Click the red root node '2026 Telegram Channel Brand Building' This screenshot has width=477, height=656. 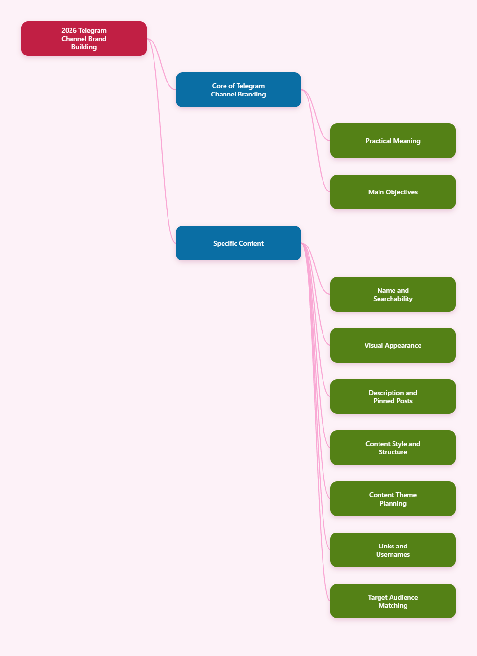coord(84,39)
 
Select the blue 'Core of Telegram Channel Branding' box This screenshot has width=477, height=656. coord(238,90)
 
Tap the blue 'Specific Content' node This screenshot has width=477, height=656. coord(238,243)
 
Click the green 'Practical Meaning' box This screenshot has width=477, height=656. coord(393,141)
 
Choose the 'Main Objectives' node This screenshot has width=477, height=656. coord(393,192)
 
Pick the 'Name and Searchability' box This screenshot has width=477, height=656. coord(393,294)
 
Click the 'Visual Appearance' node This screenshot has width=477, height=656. coord(393,345)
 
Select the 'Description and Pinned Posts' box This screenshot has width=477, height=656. coord(393,396)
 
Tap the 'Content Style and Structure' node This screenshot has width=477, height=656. coord(393,448)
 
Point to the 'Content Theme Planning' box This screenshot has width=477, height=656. coord(393,499)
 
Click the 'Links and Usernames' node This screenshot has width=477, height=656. coord(393,550)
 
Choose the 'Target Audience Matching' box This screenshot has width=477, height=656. coord(393,601)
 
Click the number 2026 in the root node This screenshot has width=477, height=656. coord(69,30)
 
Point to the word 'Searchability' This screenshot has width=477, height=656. coord(393,299)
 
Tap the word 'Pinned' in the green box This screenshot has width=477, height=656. coord(383,401)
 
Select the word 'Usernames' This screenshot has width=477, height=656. coord(393,554)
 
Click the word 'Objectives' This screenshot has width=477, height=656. coord(402,192)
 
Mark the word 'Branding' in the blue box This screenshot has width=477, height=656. coord(251,95)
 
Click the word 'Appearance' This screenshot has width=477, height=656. coord(403,346)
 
